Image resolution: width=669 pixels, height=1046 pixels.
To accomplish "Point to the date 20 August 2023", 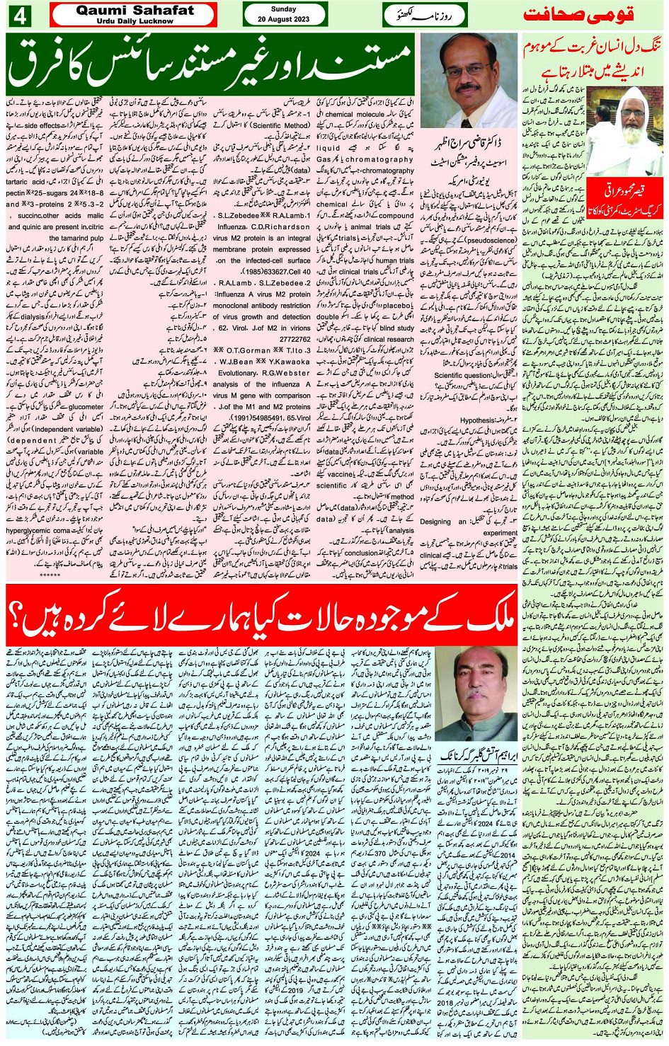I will pos(284,19).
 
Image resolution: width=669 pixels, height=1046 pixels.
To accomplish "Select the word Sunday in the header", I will pos(284,10).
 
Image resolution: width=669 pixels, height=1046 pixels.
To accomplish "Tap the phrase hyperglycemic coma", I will pos(42,529).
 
